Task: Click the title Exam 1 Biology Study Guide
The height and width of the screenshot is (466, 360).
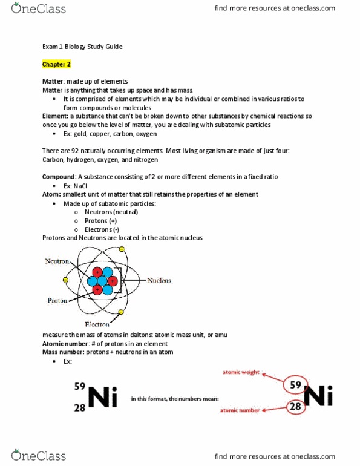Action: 82,47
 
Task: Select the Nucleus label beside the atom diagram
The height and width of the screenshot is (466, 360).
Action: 159,280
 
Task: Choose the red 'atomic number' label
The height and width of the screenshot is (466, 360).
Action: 240,410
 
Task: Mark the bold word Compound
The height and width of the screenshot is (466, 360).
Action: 58,176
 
